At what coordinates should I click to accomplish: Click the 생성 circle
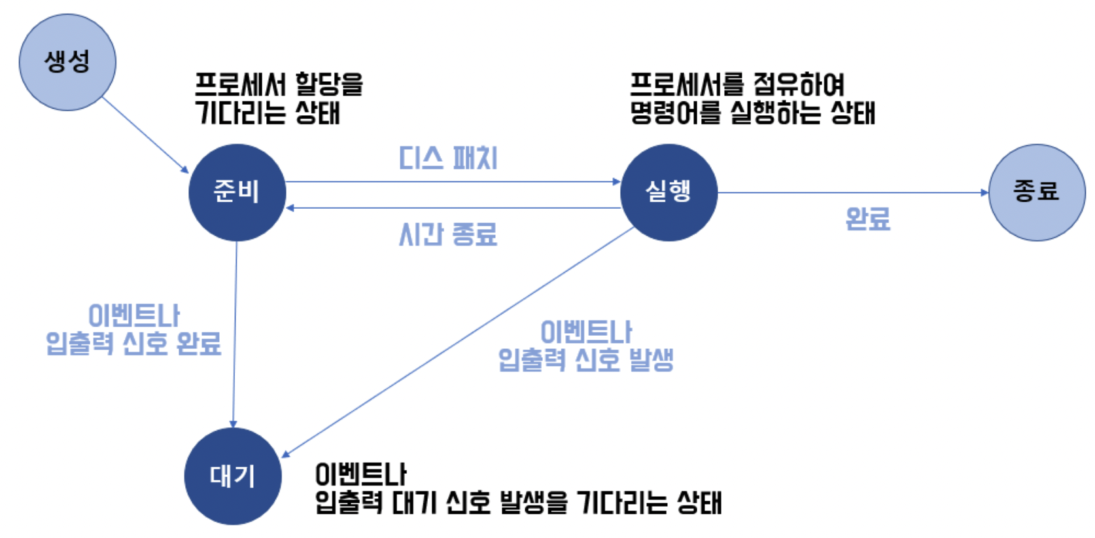67,62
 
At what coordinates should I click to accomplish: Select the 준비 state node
237,192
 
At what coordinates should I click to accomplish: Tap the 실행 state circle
669,192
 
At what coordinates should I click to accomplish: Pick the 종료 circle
1037,192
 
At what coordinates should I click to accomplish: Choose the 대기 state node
233,476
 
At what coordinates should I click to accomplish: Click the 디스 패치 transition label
448,158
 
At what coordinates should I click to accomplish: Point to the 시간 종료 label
448,234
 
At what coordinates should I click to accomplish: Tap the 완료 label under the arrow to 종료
868,219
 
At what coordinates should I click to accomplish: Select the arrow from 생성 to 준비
145,135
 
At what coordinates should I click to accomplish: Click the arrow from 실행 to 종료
850,192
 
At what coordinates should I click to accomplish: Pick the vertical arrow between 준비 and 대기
235,334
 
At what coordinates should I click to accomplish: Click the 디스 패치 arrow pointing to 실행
451,182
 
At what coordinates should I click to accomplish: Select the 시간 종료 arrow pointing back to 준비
451,208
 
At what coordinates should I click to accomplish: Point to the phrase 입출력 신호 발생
586,360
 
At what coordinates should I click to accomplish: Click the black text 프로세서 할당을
279,84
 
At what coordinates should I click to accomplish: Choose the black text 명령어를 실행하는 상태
752,113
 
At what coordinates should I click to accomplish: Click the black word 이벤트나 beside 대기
360,475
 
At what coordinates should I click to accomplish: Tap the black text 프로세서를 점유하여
737,84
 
